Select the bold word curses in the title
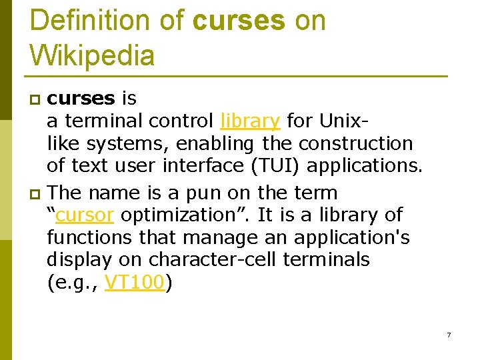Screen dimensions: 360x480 click(238, 21)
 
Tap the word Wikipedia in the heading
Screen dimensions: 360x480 click(92, 55)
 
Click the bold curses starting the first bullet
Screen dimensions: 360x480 click(81, 99)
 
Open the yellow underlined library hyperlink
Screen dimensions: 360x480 click(250, 121)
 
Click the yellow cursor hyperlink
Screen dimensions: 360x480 click(85, 215)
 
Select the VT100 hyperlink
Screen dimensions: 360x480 click(135, 283)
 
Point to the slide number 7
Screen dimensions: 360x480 click(449, 335)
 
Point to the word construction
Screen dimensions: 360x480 click(355, 143)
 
